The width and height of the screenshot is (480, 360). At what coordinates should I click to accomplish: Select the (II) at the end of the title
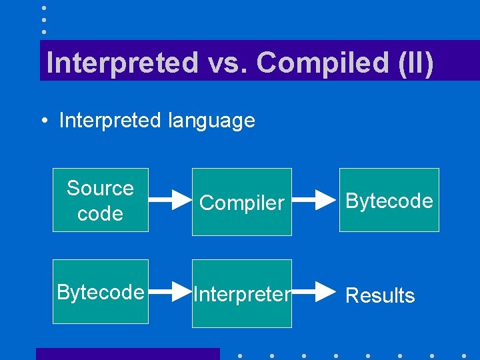pyautogui.click(x=415, y=63)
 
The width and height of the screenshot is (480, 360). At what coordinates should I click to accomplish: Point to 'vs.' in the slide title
pyautogui.click(x=227, y=63)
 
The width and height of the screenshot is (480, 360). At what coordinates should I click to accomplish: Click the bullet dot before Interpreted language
pyautogui.click(x=42, y=121)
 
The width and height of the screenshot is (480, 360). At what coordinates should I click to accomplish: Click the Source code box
pyautogui.click(x=101, y=200)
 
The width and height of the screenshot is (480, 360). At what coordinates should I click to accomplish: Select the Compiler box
pyautogui.click(x=242, y=202)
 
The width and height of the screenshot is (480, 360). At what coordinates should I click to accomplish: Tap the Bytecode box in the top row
pyautogui.click(x=389, y=200)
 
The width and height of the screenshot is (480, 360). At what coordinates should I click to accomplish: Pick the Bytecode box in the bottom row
pyautogui.click(x=101, y=292)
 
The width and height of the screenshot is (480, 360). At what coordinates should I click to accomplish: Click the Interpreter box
pyautogui.click(x=242, y=294)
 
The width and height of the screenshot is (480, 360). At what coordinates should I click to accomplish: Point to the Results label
pyautogui.click(x=380, y=295)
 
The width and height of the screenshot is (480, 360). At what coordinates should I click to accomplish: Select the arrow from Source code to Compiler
pyautogui.click(x=170, y=199)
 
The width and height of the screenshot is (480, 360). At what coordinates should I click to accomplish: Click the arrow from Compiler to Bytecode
pyautogui.click(x=315, y=199)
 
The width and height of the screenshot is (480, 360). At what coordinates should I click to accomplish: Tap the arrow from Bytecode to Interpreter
pyautogui.click(x=170, y=291)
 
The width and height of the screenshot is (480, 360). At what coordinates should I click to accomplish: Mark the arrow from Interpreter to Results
pyautogui.click(x=315, y=291)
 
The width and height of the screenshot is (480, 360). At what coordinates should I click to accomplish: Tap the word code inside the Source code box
pyautogui.click(x=100, y=213)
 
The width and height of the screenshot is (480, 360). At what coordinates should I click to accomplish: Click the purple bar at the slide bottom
pyautogui.click(x=127, y=354)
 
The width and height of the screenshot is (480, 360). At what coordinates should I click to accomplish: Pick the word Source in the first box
pyautogui.click(x=100, y=188)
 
